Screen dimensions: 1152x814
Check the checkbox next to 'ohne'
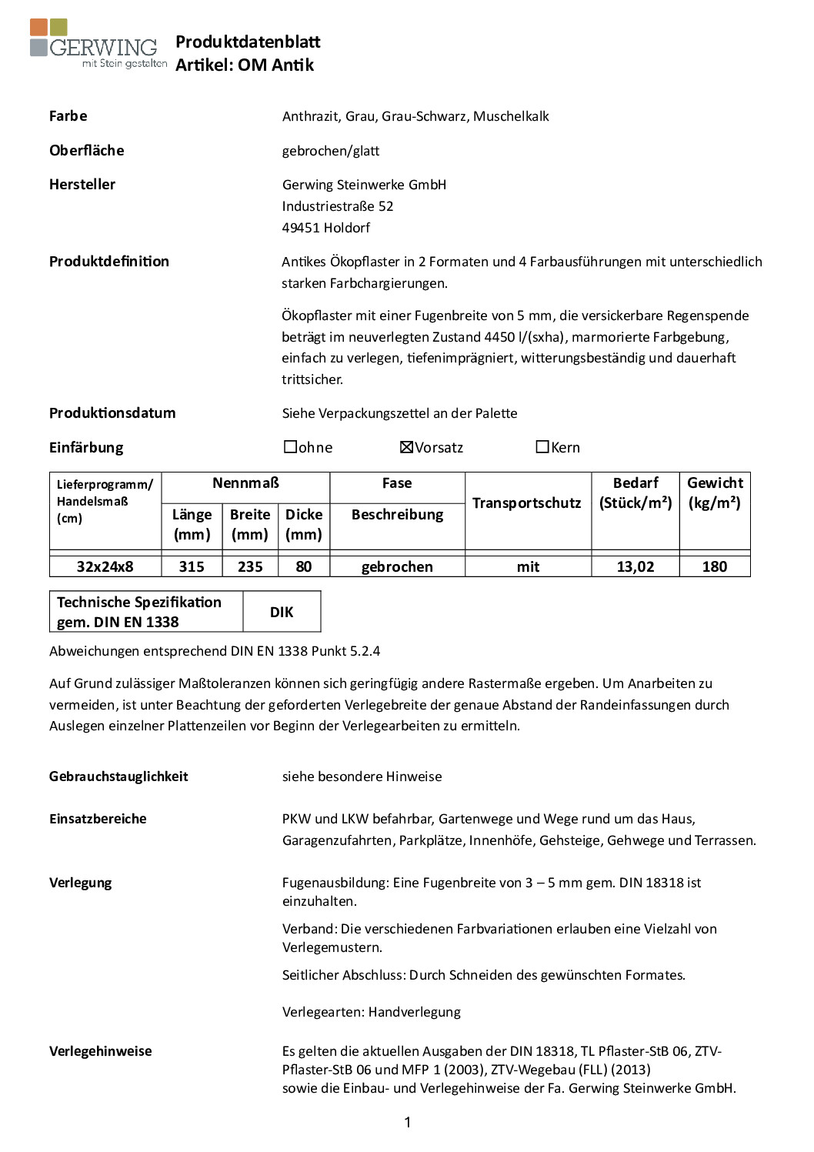tap(291, 447)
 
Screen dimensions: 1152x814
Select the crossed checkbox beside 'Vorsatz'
tap(407, 447)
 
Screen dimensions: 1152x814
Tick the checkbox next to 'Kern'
tap(542, 447)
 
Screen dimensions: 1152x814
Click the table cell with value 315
tap(192, 567)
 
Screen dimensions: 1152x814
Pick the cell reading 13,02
tap(636, 567)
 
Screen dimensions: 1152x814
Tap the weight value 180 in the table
tap(715, 567)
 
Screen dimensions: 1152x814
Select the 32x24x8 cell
tap(105, 567)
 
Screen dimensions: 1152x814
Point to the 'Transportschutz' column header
tap(527, 503)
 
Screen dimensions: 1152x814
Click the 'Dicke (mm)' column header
tap(304, 524)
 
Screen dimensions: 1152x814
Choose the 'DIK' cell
tap(282, 613)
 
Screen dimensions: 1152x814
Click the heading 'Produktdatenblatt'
tap(248, 42)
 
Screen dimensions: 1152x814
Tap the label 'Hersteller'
tap(82, 185)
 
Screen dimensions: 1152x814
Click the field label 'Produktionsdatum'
tap(112, 413)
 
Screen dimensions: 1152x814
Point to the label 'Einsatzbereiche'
tap(98, 819)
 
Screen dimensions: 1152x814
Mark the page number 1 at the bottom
tap(408, 1123)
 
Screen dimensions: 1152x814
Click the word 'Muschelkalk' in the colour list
tap(511, 117)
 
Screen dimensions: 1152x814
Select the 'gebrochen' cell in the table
tap(397, 567)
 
